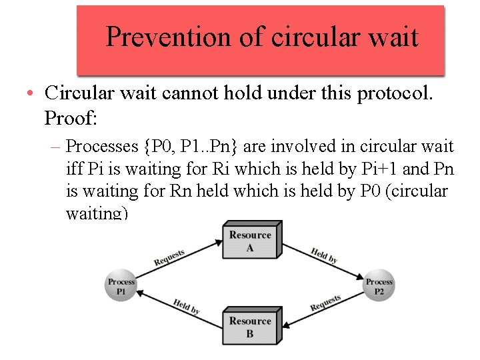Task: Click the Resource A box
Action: coord(250,241)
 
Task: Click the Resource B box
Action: coord(250,327)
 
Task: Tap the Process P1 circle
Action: coord(121,286)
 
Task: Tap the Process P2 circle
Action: coord(379,286)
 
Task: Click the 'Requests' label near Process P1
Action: coord(169,257)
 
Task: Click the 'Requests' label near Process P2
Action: coord(325,303)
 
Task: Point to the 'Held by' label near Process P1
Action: coord(186,306)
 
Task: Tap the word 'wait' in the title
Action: coord(394,37)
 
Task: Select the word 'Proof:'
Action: coord(71,118)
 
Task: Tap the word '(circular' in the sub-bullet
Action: coord(417,191)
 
